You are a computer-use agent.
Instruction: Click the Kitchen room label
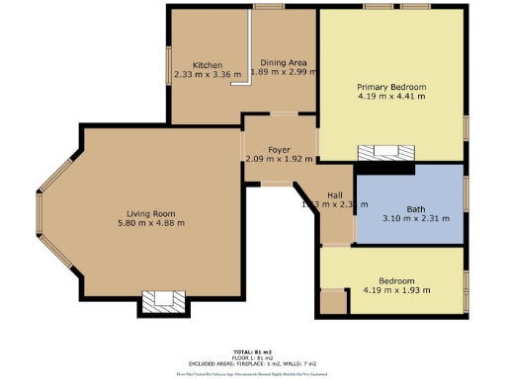coord(208,64)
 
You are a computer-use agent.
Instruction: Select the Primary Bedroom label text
coord(391,87)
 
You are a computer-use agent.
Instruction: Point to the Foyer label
coord(279,149)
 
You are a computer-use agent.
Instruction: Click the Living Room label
coord(150,214)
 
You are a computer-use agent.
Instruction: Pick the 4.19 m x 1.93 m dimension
coord(391,290)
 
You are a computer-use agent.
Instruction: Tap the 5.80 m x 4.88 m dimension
coord(150,224)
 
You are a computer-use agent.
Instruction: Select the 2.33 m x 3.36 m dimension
coord(208,74)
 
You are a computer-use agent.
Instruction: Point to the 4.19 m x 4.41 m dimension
coord(391,97)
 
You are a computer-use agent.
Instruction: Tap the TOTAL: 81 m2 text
coord(253,352)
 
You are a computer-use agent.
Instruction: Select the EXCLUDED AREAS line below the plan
coord(253,364)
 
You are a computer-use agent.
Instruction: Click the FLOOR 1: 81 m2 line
coord(253,358)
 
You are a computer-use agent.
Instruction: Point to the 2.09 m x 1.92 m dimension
coord(279,159)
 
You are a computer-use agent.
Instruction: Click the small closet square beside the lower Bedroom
coord(333,302)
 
